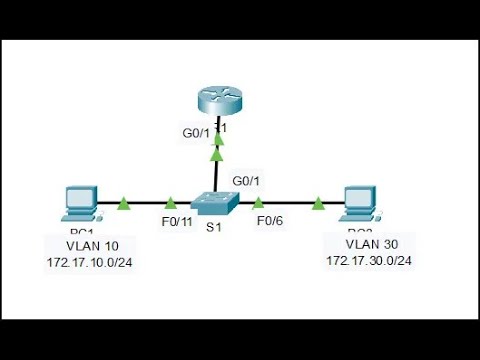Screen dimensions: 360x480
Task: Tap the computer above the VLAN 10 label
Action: (78, 203)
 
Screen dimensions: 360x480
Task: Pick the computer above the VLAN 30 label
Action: (358, 203)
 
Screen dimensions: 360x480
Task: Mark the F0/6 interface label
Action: (271, 221)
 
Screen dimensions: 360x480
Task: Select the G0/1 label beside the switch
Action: (246, 181)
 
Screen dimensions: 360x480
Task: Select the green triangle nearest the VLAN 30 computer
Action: (317, 204)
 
